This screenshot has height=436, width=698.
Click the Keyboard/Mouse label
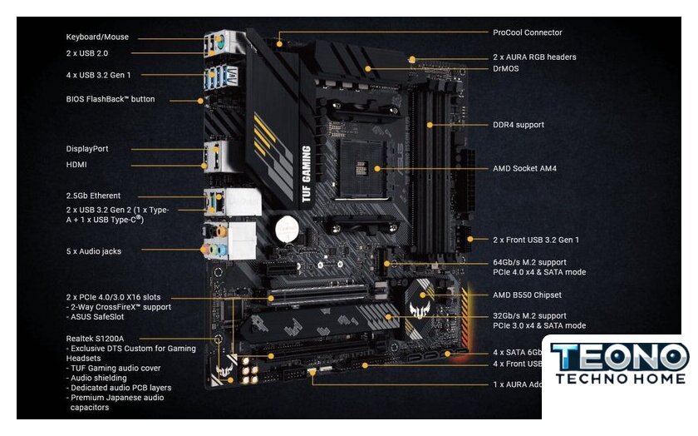(x=97, y=37)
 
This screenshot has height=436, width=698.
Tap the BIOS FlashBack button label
(x=111, y=99)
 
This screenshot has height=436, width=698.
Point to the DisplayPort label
(x=87, y=149)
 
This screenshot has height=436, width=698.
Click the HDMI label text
(x=77, y=165)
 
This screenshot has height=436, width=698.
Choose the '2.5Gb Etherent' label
(x=93, y=196)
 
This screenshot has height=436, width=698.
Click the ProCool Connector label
(x=527, y=33)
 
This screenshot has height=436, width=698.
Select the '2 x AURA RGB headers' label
(x=534, y=57)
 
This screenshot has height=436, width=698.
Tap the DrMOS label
(x=506, y=68)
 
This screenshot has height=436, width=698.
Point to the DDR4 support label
(x=519, y=125)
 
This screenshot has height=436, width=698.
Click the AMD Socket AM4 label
(x=524, y=168)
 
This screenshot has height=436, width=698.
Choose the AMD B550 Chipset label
(x=527, y=295)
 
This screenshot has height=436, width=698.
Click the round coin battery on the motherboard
(x=288, y=226)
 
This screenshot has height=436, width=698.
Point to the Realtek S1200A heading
(x=95, y=339)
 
